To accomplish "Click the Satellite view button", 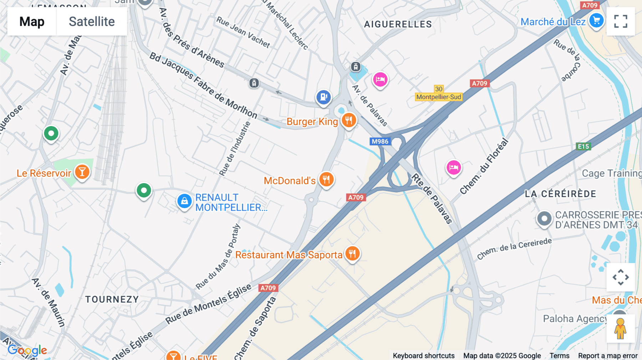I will tap(92, 21).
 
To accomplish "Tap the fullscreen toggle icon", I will tap(621, 21).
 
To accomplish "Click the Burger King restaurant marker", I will tap(349, 120).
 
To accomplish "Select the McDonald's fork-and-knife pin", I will tap(326, 179).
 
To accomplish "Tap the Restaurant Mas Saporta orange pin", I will tap(352, 254).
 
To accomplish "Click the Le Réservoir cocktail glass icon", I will tap(82, 172).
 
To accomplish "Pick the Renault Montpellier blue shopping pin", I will tap(184, 201).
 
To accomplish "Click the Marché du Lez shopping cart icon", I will tap(596, 21).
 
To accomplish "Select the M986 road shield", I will tap(380, 142).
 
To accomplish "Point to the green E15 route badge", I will tap(584, 146).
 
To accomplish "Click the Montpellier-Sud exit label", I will tap(439, 97).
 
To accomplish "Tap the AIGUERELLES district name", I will tap(398, 24).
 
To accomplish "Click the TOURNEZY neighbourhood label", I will tap(112, 299).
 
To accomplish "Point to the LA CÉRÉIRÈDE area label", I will tap(560, 194).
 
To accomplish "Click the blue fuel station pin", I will tap(323, 97).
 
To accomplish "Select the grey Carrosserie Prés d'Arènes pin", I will tap(544, 218).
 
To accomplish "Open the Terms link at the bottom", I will tap(559, 356).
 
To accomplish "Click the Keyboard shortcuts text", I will tap(424, 356).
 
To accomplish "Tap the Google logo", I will tap(27, 350).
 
